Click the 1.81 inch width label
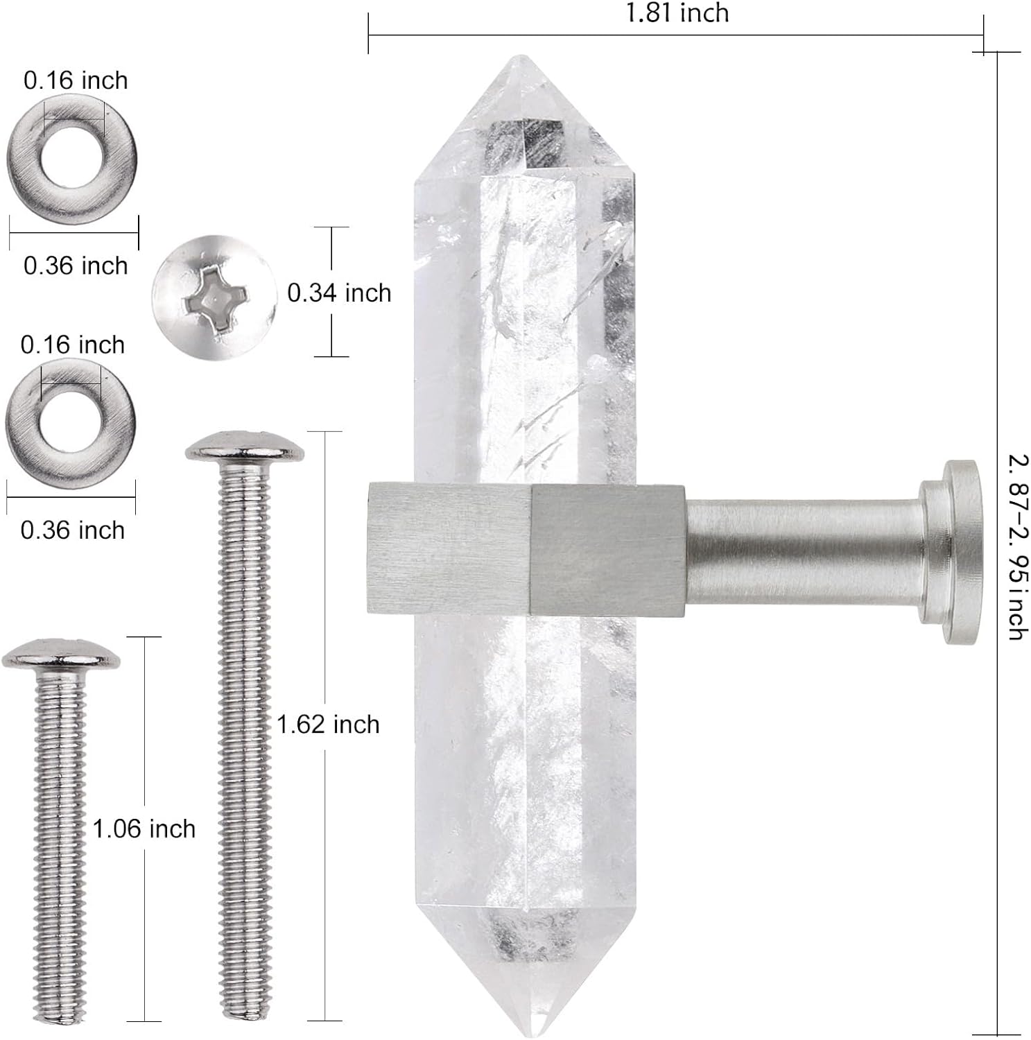pos(677,14)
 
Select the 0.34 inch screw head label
pos(339,293)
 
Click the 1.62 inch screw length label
pos(328,725)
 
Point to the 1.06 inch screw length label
pos(144,829)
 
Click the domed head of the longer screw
pos(244,447)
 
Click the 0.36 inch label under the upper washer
pos(76,266)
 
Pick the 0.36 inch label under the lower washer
pos(73,530)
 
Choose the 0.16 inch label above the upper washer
pos(76,80)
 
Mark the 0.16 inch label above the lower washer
pos(73,345)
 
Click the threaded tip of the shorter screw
pos(60,1012)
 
